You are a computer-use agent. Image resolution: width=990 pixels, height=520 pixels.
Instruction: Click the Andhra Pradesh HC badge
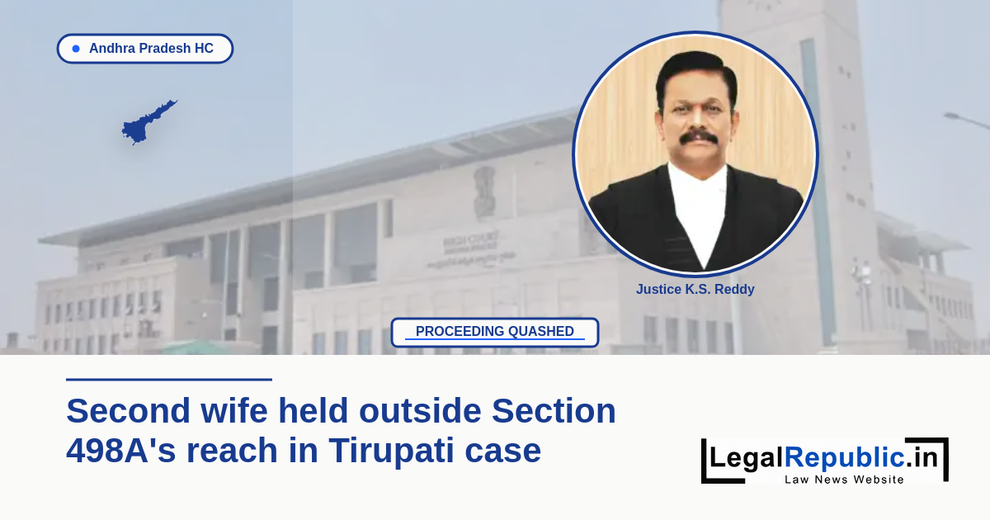pyautogui.click(x=145, y=48)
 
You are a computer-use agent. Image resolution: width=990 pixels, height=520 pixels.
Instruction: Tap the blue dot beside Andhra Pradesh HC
pyautogui.click(x=76, y=49)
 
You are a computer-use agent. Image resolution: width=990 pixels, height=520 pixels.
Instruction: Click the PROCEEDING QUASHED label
pyautogui.click(x=494, y=332)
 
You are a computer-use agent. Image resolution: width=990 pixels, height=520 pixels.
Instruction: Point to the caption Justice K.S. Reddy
pyautogui.click(x=695, y=289)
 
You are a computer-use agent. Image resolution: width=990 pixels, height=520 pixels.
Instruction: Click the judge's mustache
pyautogui.click(x=698, y=137)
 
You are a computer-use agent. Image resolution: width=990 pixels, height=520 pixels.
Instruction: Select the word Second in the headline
pyautogui.click(x=128, y=411)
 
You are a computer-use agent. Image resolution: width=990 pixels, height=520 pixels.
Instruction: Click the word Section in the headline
pyautogui.click(x=554, y=411)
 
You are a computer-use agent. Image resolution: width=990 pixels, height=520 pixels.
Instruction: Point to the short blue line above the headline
pyautogui.click(x=169, y=380)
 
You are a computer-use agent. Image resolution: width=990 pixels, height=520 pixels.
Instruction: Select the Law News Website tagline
pyautogui.click(x=844, y=480)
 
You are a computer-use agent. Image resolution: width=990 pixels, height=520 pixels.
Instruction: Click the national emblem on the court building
pyautogui.click(x=485, y=191)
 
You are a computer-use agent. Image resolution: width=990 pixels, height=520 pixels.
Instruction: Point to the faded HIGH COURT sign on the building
pyautogui.click(x=471, y=243)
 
